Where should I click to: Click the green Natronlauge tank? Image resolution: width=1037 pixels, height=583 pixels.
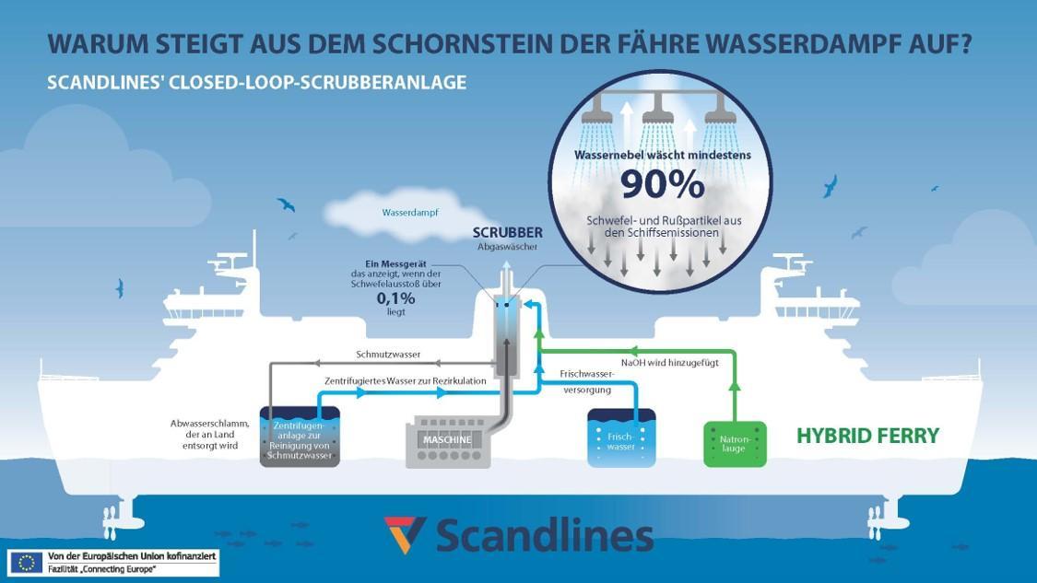735,444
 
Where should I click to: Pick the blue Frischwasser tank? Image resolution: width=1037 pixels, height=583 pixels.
621,437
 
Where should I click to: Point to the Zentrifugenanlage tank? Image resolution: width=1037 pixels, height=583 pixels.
300,437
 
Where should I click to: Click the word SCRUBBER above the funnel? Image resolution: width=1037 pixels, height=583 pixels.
508,232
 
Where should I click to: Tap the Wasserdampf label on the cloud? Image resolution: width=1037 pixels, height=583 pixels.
410,212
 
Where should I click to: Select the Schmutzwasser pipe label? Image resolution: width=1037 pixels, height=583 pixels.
388,354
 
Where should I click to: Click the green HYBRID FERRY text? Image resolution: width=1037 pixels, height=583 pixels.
867,436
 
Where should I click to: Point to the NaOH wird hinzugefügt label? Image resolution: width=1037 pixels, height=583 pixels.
669,363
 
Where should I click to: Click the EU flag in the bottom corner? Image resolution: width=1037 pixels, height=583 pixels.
26,562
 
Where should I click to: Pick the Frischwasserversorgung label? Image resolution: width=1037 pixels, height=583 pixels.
587,382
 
